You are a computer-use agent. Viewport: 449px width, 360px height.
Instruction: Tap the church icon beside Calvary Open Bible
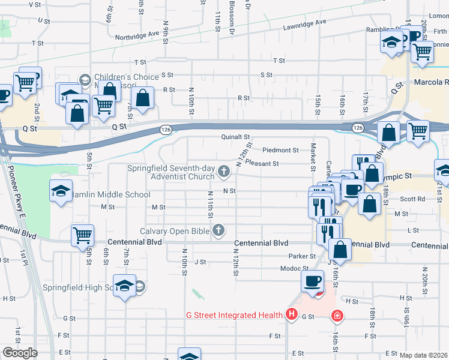tap(219, 231)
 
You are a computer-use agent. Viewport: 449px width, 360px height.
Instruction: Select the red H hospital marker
tap(292, 314)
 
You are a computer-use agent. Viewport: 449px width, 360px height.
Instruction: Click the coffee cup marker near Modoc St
tap(312, 281)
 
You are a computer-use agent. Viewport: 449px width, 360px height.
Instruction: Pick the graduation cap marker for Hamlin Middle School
tap(61, 191)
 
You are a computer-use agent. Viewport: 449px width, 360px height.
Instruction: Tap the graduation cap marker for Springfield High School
tap(124, 286)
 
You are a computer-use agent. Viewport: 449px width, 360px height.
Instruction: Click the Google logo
tap(19, 353)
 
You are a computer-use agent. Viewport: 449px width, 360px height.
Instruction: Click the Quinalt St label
tap(234, 137)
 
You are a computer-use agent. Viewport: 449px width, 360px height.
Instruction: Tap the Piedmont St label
tap(280, 150)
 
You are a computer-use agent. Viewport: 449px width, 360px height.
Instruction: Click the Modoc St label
tap(282, 269)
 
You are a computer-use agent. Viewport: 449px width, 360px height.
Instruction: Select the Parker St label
tap(304, 256)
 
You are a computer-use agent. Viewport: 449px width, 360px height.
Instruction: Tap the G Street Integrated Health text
tap(234, 315)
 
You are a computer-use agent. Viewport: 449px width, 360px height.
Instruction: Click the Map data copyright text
tap(423, 355)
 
